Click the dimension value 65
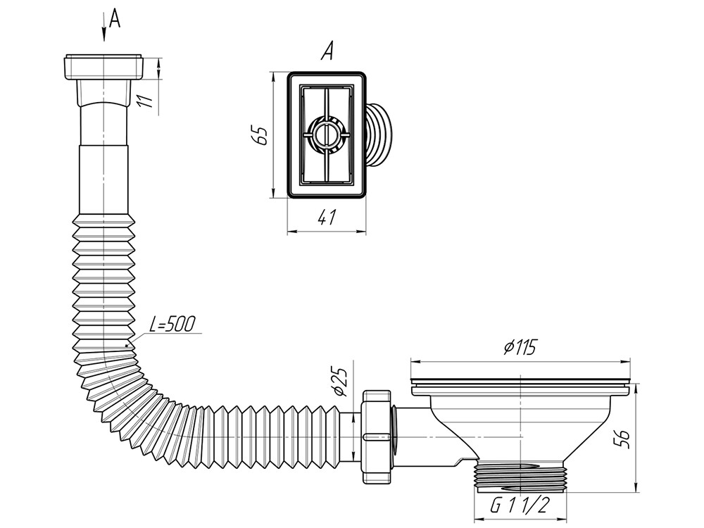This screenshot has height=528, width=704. [261, 134]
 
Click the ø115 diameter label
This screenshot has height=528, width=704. [520, 348]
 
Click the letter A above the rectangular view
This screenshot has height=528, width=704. [325, 51]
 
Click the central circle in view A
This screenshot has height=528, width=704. [325, 134]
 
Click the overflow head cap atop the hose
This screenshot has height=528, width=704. [103, 66]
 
